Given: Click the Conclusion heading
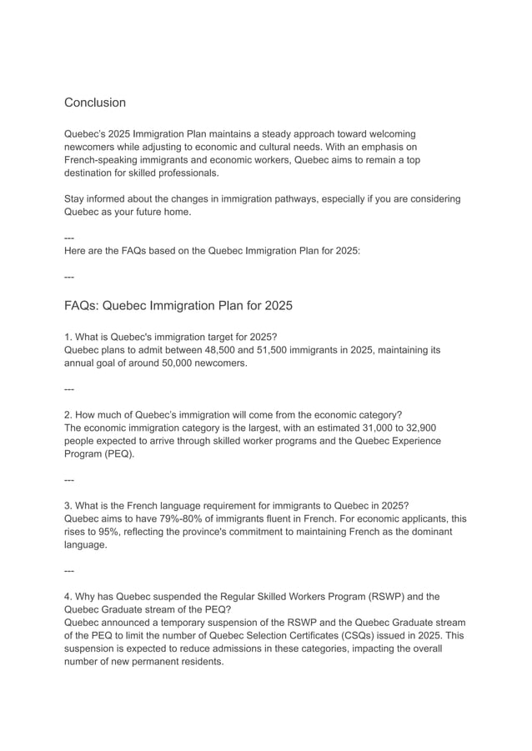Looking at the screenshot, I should click(x=95, y=103).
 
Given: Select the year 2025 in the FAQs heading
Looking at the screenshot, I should click(x=278, y=305).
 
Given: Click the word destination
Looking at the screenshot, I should click(x=91, y=173).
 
